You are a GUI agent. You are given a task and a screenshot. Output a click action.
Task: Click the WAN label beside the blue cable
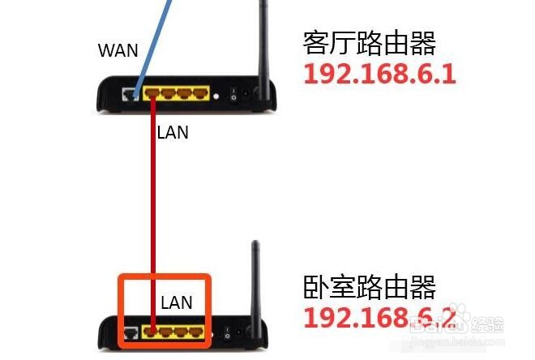coord(118,50)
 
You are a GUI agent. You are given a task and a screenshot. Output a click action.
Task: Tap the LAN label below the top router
coord(173,132)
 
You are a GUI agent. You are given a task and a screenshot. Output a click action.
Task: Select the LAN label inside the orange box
coord(177,302)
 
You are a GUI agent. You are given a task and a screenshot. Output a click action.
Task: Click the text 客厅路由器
coord(370,43)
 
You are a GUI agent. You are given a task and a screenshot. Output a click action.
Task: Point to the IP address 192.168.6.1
coord(379,74)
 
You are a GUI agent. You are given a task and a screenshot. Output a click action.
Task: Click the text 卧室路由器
coord(370,287)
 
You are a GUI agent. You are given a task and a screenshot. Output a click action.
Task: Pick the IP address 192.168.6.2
coord(379,317)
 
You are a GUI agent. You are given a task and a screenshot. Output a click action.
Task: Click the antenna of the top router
coord(263,48)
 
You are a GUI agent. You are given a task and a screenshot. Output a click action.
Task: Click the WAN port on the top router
coord(131,94)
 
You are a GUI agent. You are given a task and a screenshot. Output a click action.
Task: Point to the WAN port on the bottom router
coord(131,333)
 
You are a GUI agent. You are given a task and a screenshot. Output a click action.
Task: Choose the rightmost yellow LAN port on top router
coord(201,93)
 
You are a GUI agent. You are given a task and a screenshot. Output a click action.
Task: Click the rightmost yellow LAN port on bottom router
coord(196,332)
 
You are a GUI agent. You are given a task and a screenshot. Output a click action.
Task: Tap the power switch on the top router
coord(233,95)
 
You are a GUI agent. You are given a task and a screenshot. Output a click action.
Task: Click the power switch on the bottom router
coord(227,333)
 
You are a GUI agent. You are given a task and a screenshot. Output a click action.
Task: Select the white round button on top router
coord(216,96)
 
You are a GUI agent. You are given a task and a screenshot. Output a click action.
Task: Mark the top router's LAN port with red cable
coord(152,92)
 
